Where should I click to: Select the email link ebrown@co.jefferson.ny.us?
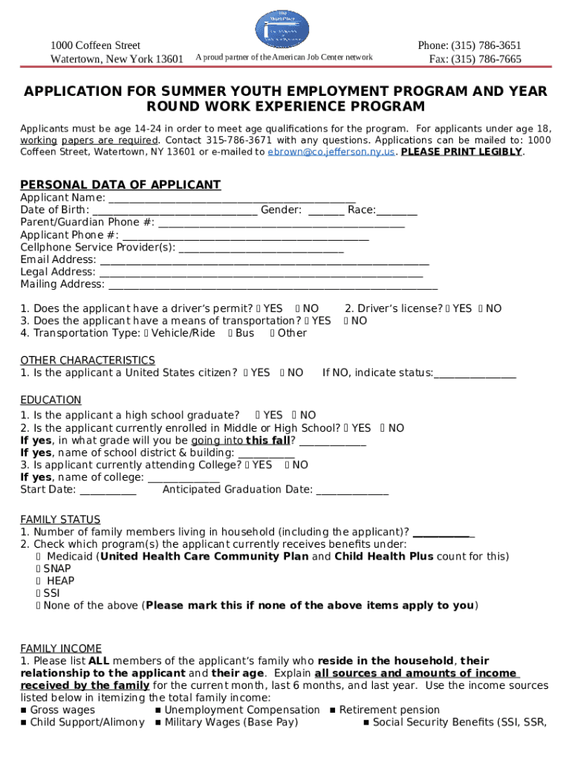point(331,152)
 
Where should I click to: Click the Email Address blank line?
point(264,260)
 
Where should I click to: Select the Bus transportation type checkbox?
point(230,334)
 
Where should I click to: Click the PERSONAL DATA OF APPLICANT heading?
point(120,185)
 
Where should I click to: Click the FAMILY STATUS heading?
point(60,519)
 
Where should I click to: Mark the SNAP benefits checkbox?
point(39,569)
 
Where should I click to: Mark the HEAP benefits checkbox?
point(39,581)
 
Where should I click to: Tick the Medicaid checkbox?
point(39,557)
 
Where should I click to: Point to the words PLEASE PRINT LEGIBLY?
point(461,152)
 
